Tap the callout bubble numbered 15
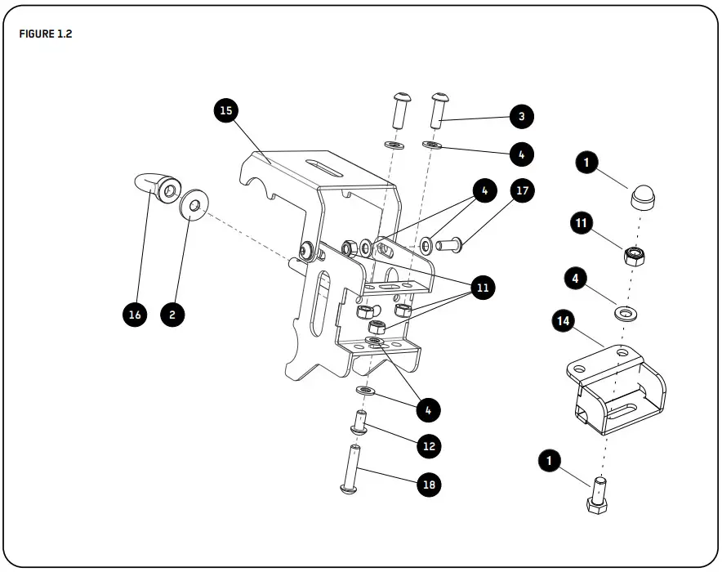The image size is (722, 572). point(226,110)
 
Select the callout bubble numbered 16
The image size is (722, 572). point(136,315)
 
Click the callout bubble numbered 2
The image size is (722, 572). point(172,315)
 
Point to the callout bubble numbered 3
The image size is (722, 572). point(521,116)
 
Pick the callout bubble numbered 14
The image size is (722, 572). point(562,322)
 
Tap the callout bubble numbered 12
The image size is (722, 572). point(429,446)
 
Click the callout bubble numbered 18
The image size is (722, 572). point(429,485)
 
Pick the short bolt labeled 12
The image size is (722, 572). point(359,422)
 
